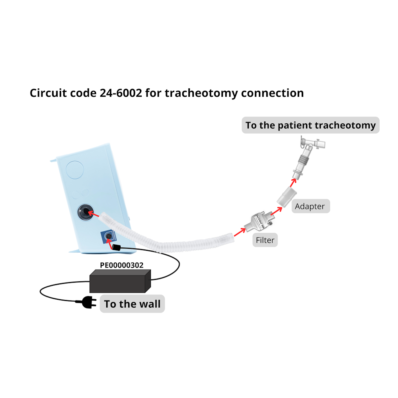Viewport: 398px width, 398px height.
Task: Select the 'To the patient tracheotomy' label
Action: (310, 125)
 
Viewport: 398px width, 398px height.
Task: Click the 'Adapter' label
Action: (310, 206)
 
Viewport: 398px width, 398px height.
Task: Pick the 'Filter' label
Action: (265, 240)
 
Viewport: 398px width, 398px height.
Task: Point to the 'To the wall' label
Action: (132, 304)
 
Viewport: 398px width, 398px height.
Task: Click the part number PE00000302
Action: (121, 265)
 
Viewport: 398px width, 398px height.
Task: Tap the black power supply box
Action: (119, 281)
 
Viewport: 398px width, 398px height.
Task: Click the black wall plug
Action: (88, 303)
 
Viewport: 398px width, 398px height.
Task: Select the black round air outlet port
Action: (85, 212)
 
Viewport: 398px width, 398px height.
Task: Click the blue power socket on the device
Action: (108, 238)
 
